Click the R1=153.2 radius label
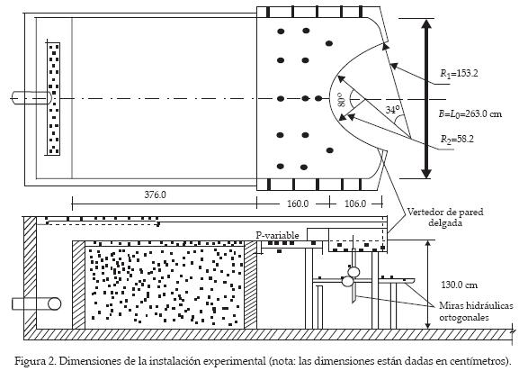(x=459, y=73)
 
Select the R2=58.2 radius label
(x=457, y=139)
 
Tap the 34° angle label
(x=392, y=110)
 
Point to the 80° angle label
(x=341, y=99)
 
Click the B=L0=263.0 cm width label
(x=470, y=114)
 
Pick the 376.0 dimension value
(x=155, y=195)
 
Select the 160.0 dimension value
(x=298, y=204)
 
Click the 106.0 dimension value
(x=355, y=204)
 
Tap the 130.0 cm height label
(x=460, y=285)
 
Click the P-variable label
(x=277, y=236)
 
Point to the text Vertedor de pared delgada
(x=445, y=217)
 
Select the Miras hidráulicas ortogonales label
(x=477, y=312)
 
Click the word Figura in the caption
(x=29, y=360)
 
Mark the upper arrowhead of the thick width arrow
(x=427, y=24)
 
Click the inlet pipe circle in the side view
(x=54, y=303)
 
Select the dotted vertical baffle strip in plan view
(x=53, y=99)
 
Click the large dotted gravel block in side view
(x=165, y=285)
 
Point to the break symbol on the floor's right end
(x=513, y=331)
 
